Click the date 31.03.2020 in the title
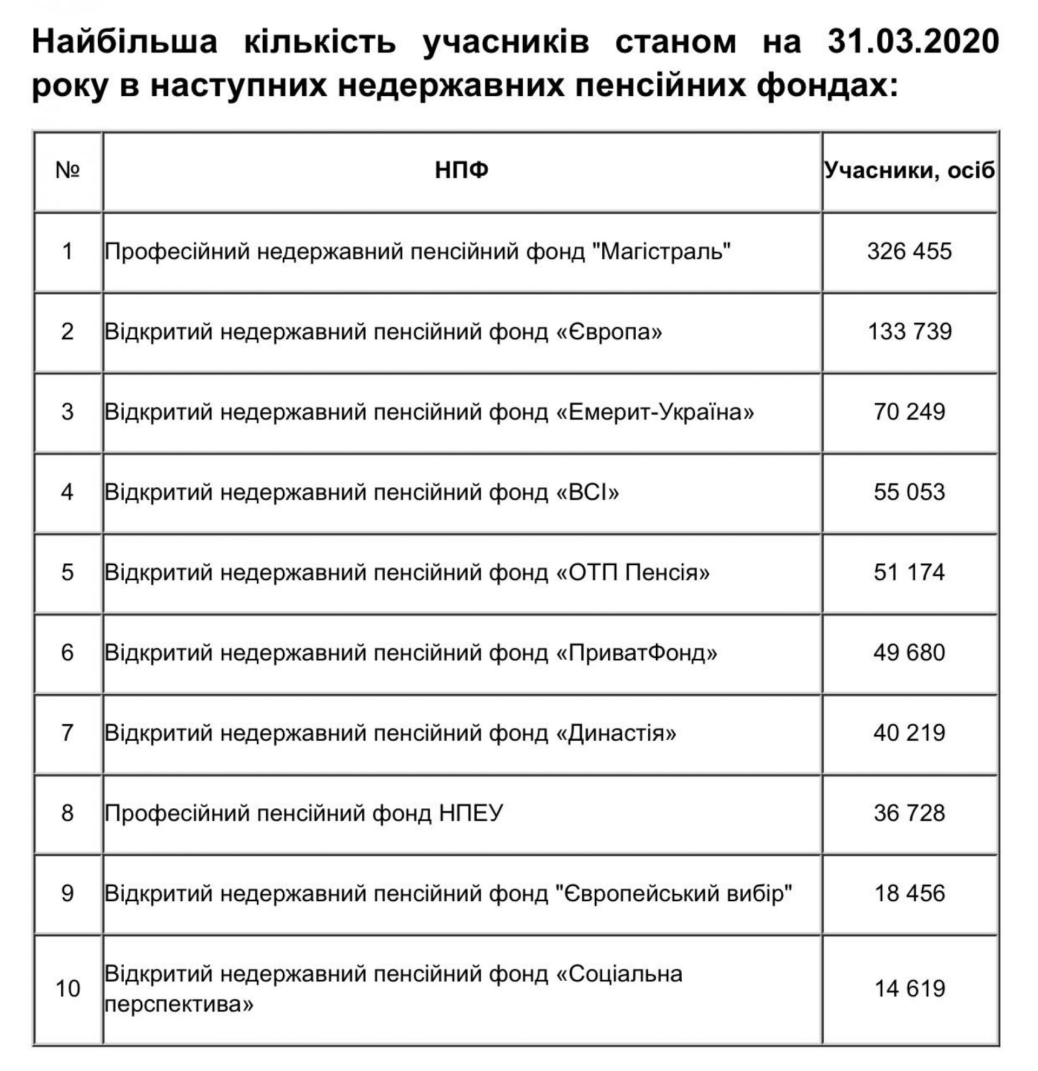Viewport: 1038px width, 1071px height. pos(913,43)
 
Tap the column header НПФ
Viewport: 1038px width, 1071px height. pos(461,171)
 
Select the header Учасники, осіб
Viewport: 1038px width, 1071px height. pos(909,171)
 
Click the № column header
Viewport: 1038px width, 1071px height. pos(68,171)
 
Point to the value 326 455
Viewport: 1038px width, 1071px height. pos(909,251)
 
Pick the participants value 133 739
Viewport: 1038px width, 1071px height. pos(909,332)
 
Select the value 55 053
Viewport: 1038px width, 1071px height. pos(909,492)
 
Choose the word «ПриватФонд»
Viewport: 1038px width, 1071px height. pos(637,653)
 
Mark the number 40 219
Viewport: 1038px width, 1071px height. pos(909,733)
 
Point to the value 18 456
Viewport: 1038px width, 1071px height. pos(909,893)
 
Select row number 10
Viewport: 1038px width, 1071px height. pos(68,988)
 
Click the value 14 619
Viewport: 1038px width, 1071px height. pos(909,988)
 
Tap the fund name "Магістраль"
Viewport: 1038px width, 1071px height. pos(662,251)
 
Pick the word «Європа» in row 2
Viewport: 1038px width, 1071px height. pos(609,332)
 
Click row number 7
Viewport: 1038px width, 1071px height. pos(68,733)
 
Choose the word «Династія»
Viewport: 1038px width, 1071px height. pos(616,733)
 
